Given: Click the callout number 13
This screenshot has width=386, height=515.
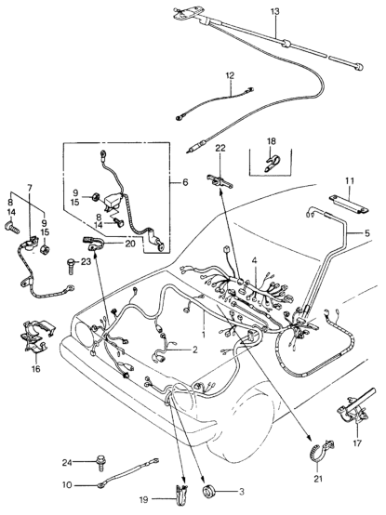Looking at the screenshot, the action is tap(275, 12).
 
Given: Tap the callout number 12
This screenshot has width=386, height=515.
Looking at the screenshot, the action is tap(230, 75).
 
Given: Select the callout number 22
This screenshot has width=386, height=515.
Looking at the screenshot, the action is tap(220, 148).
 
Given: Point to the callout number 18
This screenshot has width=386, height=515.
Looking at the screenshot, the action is tap(272, 141).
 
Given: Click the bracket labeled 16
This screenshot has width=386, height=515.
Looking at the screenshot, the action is tap(36, 338).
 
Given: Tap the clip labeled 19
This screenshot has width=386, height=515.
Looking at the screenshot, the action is tap(180, 492).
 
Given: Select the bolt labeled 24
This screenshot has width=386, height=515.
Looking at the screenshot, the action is tap(100, 463).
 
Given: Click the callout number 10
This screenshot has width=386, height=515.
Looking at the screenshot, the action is tap(67, 484).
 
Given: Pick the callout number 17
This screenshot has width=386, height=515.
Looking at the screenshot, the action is tap(357, 443).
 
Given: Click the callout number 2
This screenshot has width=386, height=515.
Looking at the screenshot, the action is tap(194, 350).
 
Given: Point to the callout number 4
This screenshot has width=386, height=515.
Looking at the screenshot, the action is tap(254, 261).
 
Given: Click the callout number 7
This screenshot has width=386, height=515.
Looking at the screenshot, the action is tap(30, 188).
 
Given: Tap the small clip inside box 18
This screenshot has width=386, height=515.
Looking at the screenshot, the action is tap(272, 163).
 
